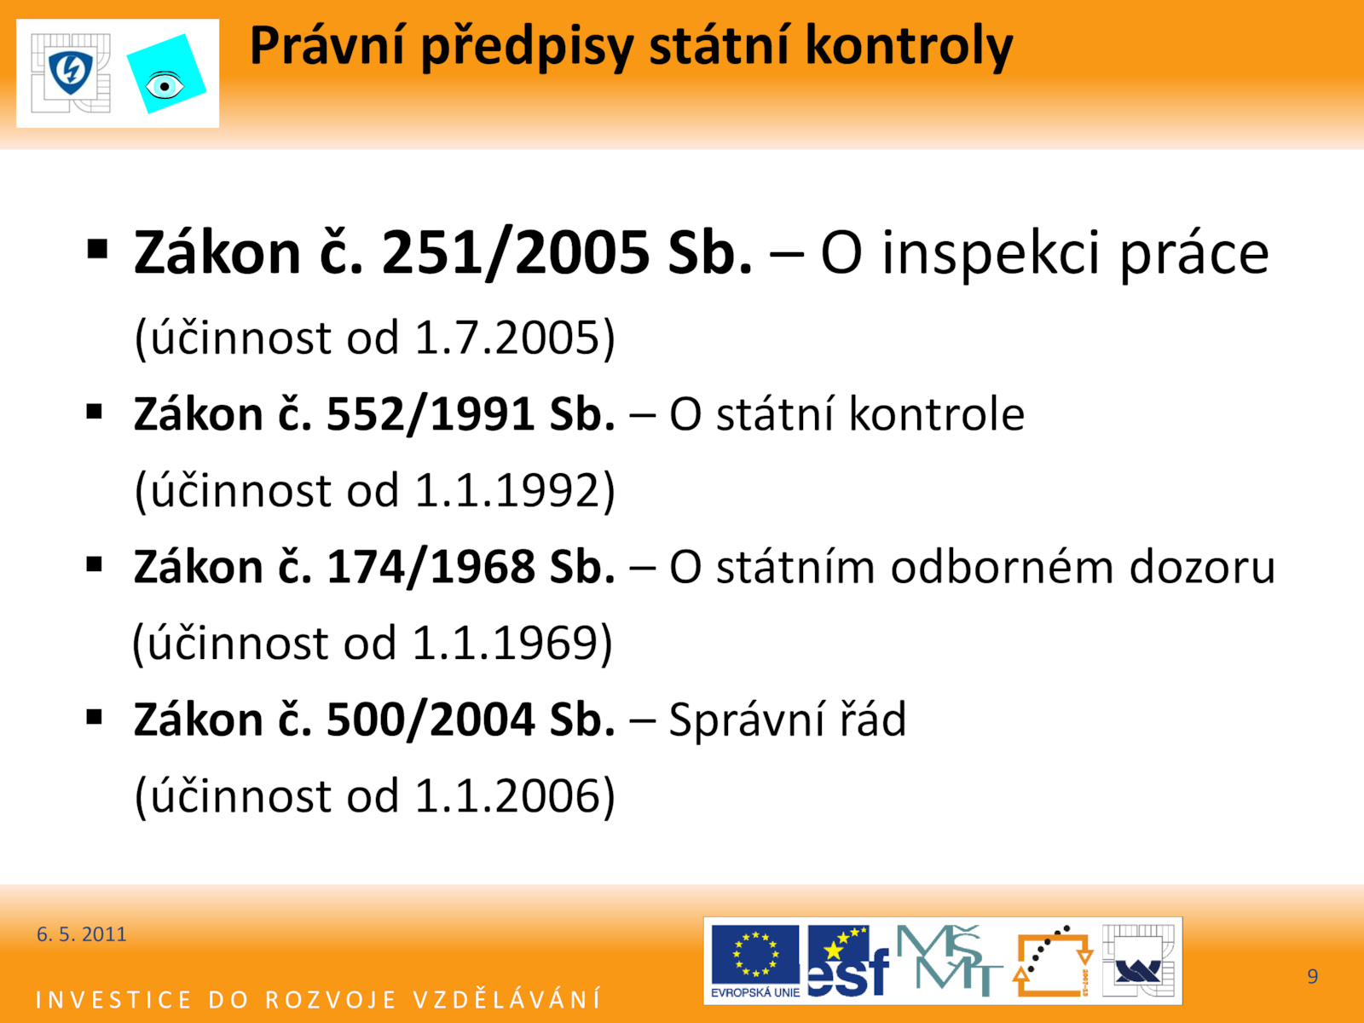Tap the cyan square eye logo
coord(166,74)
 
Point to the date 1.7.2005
coord(506,338)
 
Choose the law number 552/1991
coord(430,414)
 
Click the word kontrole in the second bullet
coord(936,414)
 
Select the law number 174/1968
coord(430,567)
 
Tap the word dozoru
coord(1202,567)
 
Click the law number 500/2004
coord(430,720)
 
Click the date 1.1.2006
coord(506,796)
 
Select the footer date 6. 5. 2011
coord(81,934)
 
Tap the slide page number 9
coord(1312,976)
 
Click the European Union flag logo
coord(755,961)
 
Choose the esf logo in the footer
coord(848,961)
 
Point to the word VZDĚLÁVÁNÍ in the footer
coord(507,999)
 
